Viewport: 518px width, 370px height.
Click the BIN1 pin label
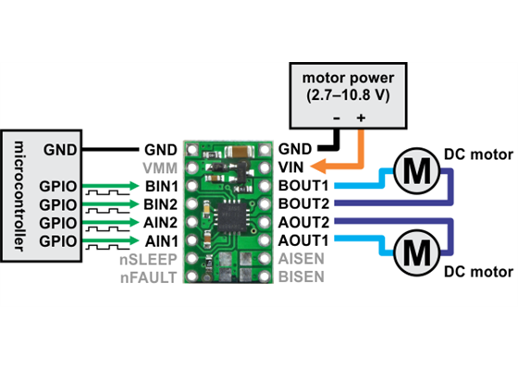click(160, 186)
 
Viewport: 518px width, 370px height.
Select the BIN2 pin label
click(160, 203)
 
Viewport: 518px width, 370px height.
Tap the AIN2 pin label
click(160, 222)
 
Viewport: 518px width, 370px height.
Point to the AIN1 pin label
click(160, 240)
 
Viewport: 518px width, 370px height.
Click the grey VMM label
click(160, 167)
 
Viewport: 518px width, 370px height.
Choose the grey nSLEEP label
click(153, 258)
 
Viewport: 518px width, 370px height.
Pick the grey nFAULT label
click(152, 276)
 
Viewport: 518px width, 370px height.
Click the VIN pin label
click(293, 167)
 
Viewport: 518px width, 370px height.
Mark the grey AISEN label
click(301, 258)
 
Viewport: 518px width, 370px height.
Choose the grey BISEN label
click(301, 276)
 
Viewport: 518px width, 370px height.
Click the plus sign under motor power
click(361, 119)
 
